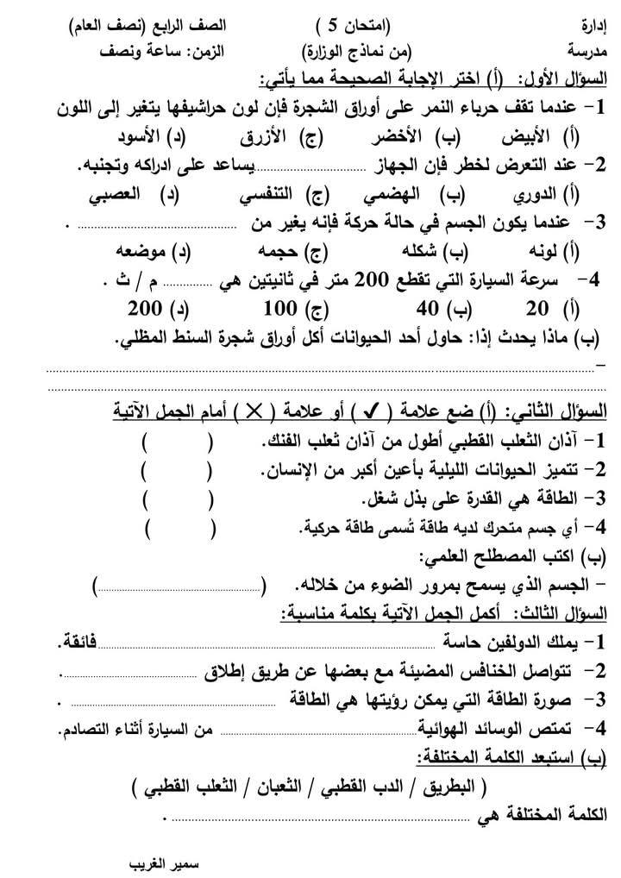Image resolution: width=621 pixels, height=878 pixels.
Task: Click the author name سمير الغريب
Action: point(163,862)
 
